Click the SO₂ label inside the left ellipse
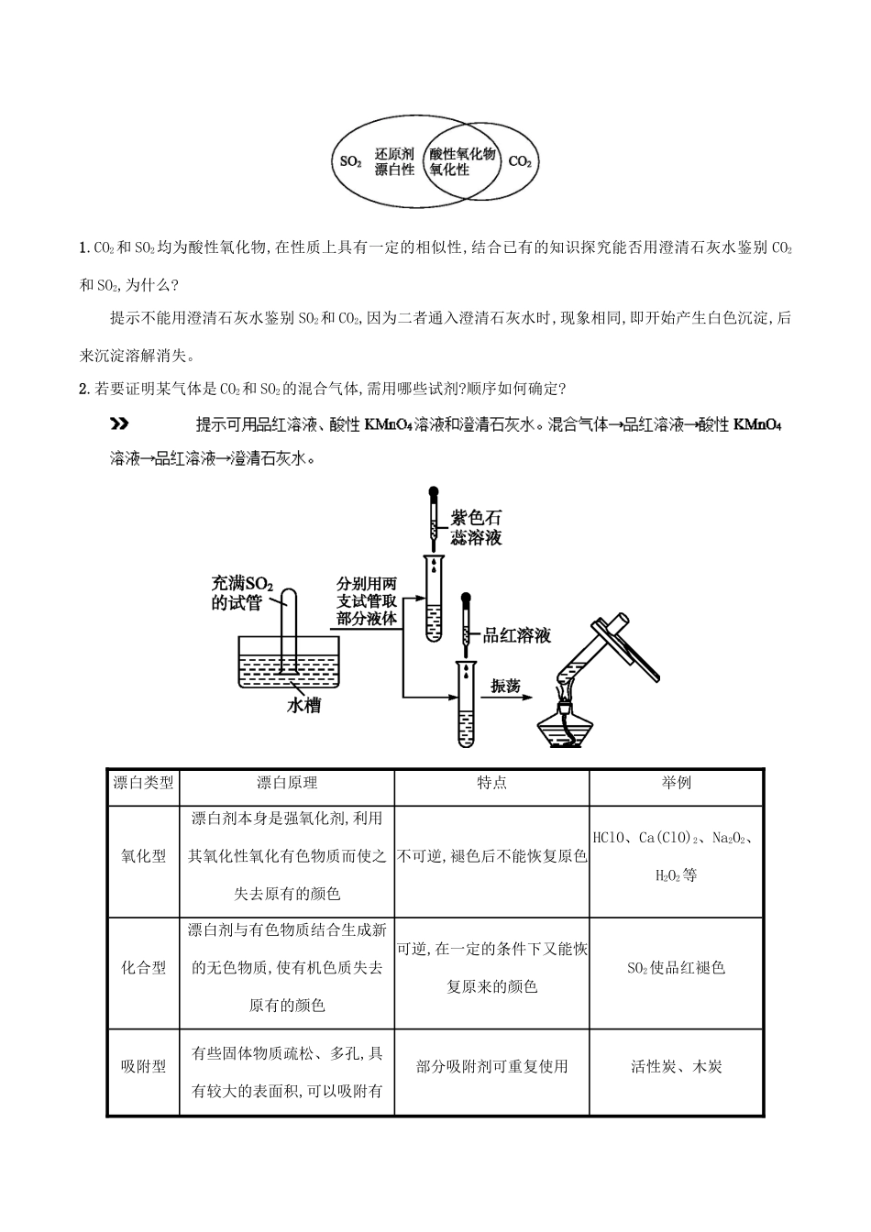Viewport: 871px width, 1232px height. [350, 162]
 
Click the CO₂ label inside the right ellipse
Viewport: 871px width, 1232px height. [519, 162]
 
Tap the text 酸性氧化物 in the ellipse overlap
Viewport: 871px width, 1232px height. [462, 154]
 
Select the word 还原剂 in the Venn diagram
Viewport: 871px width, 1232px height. [394, 154]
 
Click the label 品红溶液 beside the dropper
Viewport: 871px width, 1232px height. [516, 635]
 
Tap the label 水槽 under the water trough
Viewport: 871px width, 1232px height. [303, 706]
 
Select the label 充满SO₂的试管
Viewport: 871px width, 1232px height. [237, 592]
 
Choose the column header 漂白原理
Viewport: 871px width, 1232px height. [286, 783]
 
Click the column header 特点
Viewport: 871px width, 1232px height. [491, 783]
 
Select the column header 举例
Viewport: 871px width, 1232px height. [676, 783]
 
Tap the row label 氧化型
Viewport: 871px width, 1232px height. [144, 856]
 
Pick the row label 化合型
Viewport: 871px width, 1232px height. [144, 967]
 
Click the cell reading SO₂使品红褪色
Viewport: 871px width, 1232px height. [676, 968]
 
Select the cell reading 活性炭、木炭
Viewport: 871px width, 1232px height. [676, 1066]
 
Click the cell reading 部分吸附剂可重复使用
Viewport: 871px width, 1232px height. [491, 1066]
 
